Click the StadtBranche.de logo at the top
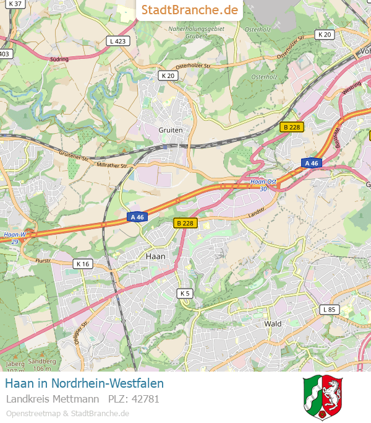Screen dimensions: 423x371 click(x=189, y=10)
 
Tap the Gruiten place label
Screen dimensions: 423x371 click(x=171, y=130)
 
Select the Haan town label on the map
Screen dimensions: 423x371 click(x=155, y=255)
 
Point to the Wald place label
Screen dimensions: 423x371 click(x=273, y=323)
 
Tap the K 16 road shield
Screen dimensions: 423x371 click(x=83, y=264)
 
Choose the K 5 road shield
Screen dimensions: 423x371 click(x=184, y=293)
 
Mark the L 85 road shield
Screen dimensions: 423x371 click(x=330, y=309)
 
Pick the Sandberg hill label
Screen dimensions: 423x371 click(x=43, y=361)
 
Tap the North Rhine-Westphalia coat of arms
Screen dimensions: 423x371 click(x=323, y=397)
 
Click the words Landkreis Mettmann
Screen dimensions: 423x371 click(x=53, y=399)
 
